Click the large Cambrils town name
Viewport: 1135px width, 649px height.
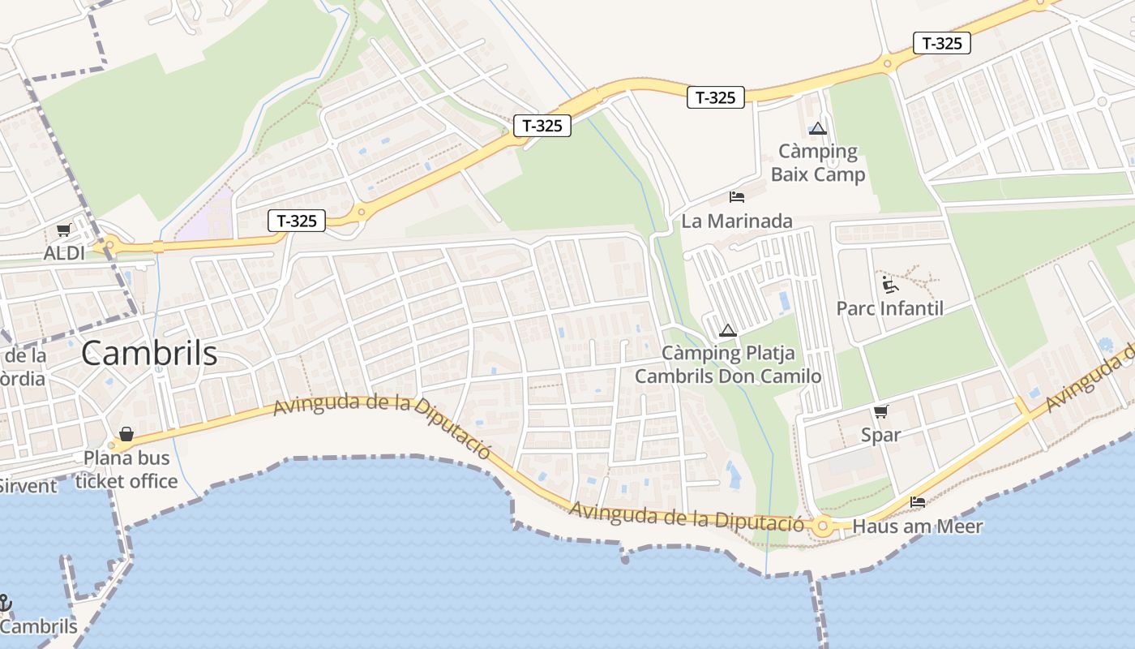click(x=149, y=354)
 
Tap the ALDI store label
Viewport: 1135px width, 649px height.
click(x=64, y=253)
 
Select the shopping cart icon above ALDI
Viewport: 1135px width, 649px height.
click(x=64, y=230)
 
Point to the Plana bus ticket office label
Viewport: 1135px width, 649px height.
click(x=126, y=470)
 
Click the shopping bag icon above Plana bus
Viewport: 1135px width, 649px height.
click(x=126, y=434)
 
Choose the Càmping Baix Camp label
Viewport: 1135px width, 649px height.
click(x=817, y=163)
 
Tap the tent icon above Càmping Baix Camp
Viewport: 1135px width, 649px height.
click(x=817, y=128)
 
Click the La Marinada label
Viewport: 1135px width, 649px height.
click(x=736, y=221)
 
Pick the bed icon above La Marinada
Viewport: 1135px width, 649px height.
click(x=737, y=197)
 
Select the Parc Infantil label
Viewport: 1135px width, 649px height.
click(x=889, y=308)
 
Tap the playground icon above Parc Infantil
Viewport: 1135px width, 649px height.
click(x=889, y=285)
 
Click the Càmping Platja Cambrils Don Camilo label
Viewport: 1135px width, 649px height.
click(x=727, y=365)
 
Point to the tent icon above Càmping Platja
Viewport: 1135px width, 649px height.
click(x=727, y=331)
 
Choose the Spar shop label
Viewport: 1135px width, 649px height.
click(x=880, y=435)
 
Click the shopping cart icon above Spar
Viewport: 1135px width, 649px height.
click(x=880, y=411)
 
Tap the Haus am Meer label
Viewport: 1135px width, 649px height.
click(x=917, y=527)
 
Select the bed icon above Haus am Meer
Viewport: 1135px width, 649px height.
click(x=918, y=502)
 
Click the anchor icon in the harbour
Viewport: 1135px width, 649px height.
click(x=5, y=602)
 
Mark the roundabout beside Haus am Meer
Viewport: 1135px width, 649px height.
click(x=822, y=527)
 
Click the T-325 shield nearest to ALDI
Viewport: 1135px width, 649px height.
click(x=297, y=220)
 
